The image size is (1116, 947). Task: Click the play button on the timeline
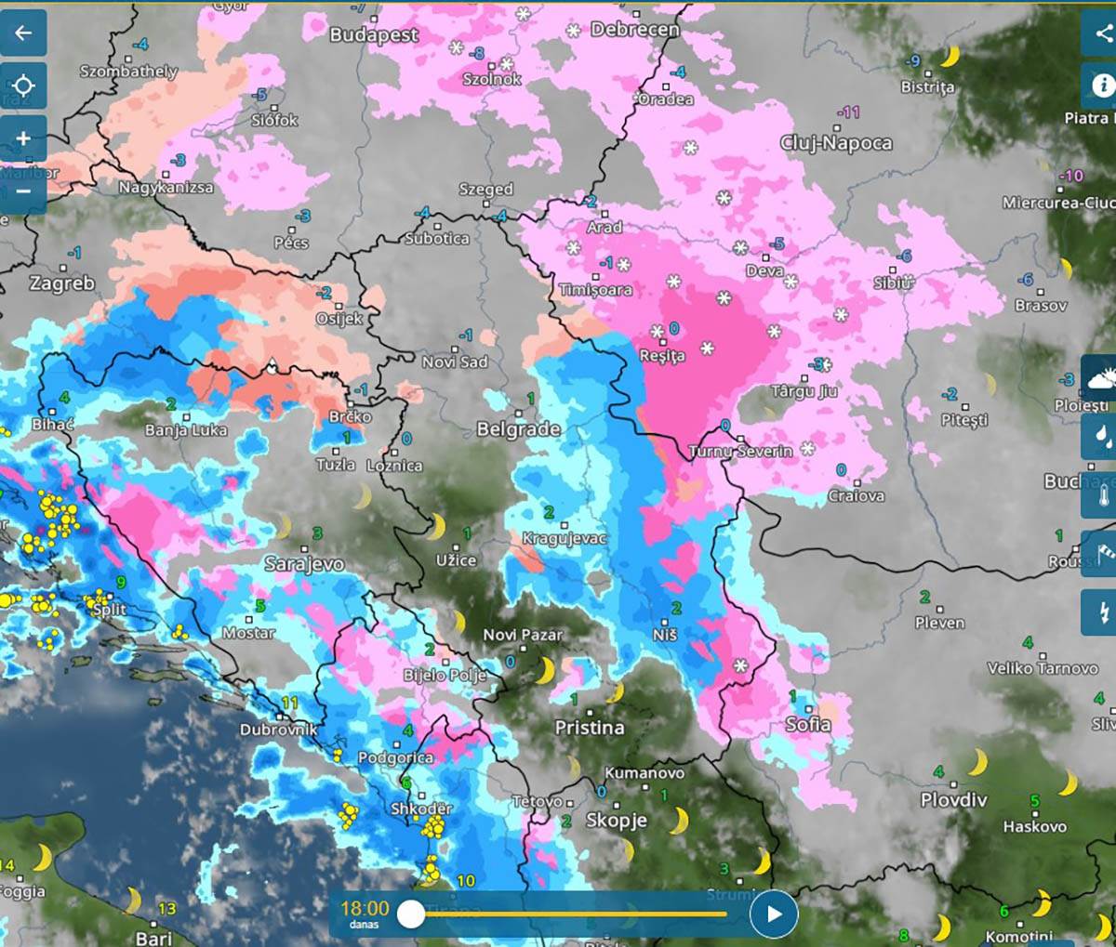tap(774, 914)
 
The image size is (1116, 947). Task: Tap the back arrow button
tap(23, 33)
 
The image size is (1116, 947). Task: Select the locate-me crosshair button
tap(23, 86)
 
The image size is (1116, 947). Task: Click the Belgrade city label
tap(518, 429)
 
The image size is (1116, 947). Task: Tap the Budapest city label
tap(374, 34)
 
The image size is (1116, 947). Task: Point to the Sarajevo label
tap(304, 563)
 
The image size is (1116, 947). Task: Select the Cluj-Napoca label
tap(835, 142)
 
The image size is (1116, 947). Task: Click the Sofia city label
tap(808, 724)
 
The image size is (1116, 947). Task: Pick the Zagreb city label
tap(61, 283)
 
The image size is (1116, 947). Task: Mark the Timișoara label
tap(595, 290)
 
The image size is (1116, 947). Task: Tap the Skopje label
tap(616, 820)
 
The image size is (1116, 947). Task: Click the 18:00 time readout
tap(365, 908)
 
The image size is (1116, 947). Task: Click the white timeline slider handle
tap(411, 914)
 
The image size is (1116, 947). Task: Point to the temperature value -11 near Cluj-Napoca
tap(848, 112)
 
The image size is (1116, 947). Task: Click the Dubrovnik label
tap(278, 730)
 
